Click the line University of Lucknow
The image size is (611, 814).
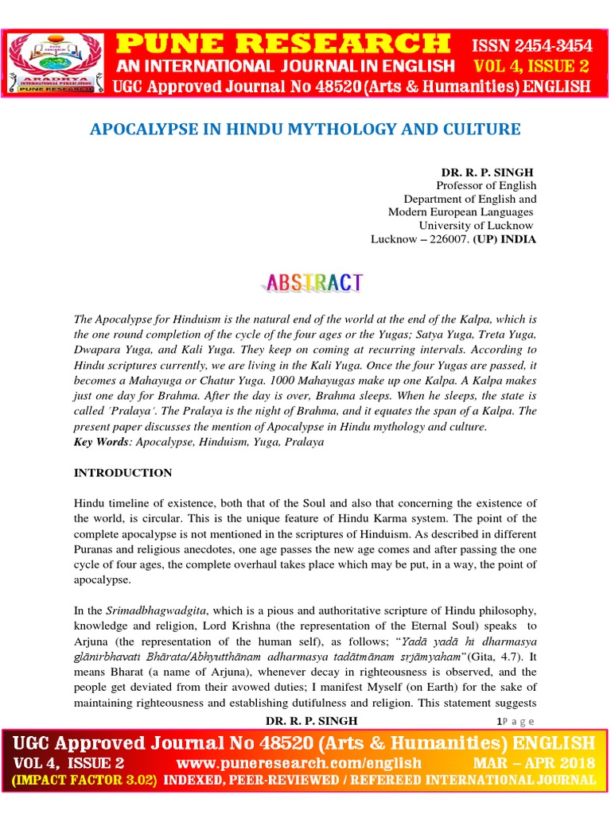(481, 226)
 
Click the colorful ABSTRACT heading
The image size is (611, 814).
(311, 281)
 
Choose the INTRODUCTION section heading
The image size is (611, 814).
(123, 472)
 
